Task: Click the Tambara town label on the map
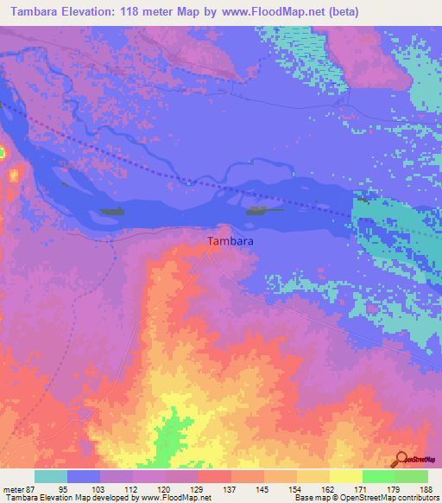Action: (230, 243)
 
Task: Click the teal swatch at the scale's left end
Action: (50, 476)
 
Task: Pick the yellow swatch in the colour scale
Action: (345, 476)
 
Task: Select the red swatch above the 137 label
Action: (214, 476)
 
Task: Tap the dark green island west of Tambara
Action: (112, 211)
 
